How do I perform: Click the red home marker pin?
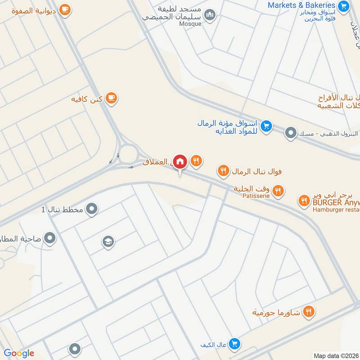180,161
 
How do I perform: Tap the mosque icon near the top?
210,15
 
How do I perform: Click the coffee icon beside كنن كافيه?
111,98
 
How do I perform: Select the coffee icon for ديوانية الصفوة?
65,9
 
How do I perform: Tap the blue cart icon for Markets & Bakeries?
343,6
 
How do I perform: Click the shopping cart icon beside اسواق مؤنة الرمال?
266,126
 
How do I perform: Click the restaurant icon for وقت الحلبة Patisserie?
278,190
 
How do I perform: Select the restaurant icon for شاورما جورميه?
308,311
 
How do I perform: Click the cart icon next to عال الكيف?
234,344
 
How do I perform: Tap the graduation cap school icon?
108,242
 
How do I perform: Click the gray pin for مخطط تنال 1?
92,209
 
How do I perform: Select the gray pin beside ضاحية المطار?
50,238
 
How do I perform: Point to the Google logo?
19,353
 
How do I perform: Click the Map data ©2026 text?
335,355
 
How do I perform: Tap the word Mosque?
190,24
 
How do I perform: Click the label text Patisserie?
255,196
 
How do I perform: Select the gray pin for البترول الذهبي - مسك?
291,133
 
